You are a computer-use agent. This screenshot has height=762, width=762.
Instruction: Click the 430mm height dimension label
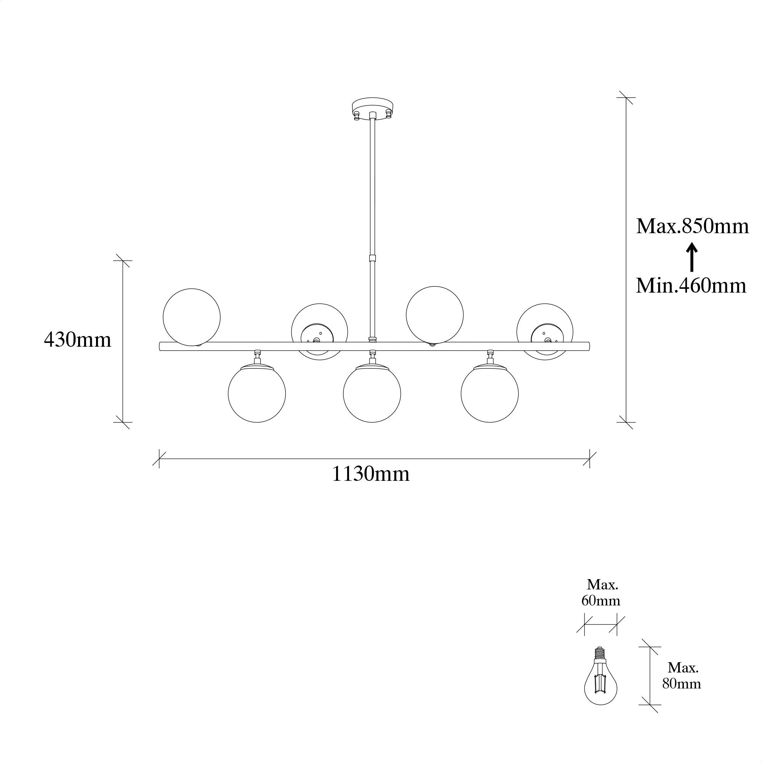pos(78,339)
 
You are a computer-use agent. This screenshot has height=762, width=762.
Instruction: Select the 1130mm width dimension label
pos(370,474)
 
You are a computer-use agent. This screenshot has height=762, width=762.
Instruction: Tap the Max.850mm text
pos(692,226)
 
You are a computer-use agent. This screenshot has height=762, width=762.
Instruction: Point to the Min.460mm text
pos(691,285)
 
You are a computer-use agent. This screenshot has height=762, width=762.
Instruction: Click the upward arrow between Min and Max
pos(692,257)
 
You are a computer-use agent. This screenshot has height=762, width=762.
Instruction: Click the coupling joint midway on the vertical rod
pos(372,258)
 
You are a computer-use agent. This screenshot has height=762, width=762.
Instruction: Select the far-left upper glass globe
pos(192,317)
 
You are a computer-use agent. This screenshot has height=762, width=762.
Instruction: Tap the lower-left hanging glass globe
pos(257,393)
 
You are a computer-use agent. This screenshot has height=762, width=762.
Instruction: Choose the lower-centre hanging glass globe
pos(372,393)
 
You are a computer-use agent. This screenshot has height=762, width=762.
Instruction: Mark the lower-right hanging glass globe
pos(490,393)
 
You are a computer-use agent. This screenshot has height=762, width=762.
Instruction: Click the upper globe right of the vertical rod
pos(435,315)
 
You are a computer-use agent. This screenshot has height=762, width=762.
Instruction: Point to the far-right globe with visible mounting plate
pos(545,332)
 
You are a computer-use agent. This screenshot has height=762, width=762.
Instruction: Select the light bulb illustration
pos(601,680)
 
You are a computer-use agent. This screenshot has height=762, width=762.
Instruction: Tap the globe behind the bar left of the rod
pos(320,332)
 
